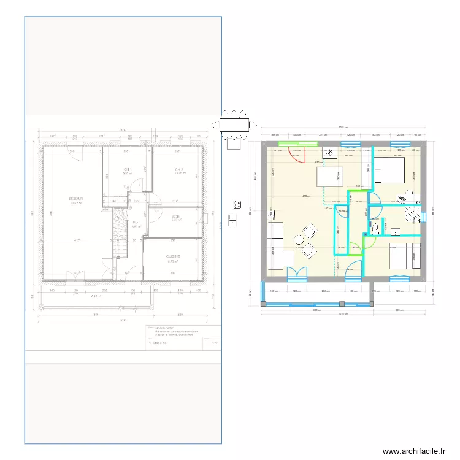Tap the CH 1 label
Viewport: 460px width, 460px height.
[128, 170]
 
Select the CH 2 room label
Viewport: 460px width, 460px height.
[179, 170]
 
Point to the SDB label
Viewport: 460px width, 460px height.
[175, 217]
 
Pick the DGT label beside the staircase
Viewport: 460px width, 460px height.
[136, 223]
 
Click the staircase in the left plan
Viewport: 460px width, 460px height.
[119, 233]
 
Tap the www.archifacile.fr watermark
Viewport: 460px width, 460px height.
[413, 451]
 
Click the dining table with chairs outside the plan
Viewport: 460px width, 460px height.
[233, 125]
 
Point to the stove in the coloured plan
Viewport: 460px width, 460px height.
[329, 153]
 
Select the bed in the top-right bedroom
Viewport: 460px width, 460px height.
[388, 170]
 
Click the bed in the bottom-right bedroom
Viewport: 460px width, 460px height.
[404, 256]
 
